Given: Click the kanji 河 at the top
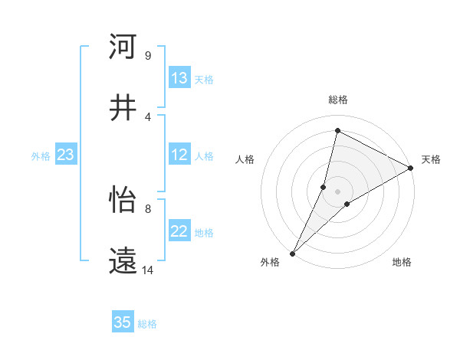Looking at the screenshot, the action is (x=123, y=47).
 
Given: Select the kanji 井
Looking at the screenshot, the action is (x=123, y=108).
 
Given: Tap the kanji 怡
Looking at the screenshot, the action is (x=123, y=200).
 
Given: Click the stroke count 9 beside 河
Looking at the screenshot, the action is (x=147, y=55).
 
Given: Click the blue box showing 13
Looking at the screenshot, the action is (x=179, y=79).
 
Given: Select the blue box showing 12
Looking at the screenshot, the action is (x=179, y=155).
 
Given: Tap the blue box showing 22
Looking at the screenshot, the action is (x=179, y=231).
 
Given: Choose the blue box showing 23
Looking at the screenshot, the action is (x=65, y=155).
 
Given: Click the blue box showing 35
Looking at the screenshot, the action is (x=123, y=322).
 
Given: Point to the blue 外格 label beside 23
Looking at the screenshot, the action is (x=41, y=156).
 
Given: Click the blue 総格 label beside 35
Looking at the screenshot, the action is (x=147, y=324).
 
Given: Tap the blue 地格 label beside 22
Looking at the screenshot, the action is (x=204, y=233).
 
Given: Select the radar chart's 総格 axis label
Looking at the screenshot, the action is (x=337, y=100).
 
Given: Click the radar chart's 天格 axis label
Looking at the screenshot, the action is (x=431, y=159).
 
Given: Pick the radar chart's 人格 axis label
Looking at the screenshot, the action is (x=245, y=159).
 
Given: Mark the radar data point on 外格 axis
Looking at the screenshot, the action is (x=292, y=254).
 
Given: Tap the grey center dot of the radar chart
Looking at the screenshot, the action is (x=337, y=191).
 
